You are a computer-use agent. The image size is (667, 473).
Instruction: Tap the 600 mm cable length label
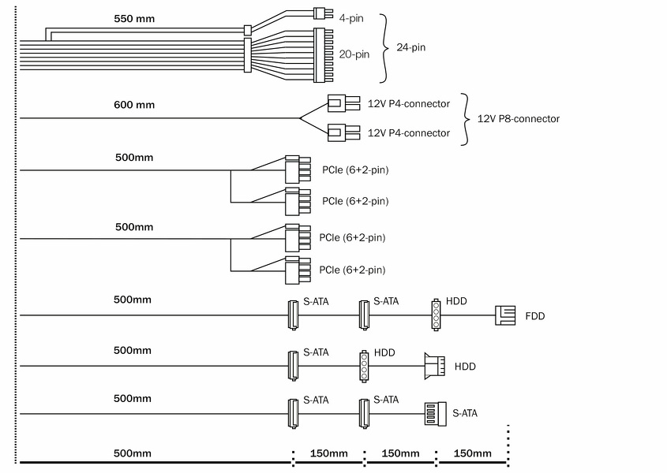tap(134, 105)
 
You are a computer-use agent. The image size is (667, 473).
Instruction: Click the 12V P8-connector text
tap(519, 119)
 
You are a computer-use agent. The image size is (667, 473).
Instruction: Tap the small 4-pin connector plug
tap(320, 13)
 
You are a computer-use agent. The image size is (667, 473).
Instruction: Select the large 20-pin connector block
tap(324, 54)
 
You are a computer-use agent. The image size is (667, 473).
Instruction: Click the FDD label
tap(535, 316)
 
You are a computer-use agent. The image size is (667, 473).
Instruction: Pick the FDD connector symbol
tap(504, 315)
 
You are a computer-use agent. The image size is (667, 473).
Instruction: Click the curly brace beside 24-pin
tap(384, 48)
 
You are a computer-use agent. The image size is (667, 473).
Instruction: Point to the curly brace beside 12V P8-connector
tap(466, 119)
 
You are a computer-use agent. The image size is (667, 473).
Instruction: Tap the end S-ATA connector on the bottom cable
tap(435, 412)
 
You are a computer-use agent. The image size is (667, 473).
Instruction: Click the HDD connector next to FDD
tap(435, 315)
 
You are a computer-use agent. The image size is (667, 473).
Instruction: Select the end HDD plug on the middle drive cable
tap(435, 366)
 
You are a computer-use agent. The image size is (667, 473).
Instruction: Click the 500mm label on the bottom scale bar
tap(132, 453)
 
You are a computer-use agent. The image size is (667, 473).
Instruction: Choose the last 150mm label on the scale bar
tap(472, 453)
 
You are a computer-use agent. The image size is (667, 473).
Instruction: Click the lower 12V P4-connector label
tap(409, 133)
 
